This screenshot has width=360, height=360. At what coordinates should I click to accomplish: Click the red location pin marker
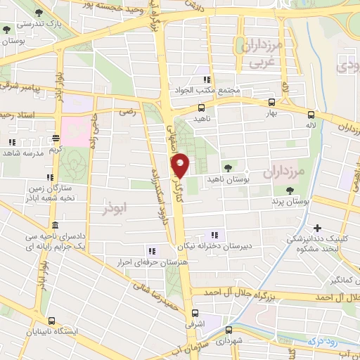(x=181, y=165)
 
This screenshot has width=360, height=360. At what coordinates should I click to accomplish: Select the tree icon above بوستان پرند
(x=290, y=190)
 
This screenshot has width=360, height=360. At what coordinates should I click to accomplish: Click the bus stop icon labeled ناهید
(x=202, y=108)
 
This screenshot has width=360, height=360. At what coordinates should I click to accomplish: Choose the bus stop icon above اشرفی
(x=195, y=314)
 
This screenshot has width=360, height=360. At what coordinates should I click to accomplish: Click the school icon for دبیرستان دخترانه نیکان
(x=214, y=235)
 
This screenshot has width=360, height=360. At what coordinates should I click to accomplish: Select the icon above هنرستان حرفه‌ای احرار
(x=150, y=250)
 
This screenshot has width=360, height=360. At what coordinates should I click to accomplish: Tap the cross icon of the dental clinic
(x=318, y=228)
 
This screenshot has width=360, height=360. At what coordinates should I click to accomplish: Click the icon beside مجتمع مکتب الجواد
(x=207, y=79)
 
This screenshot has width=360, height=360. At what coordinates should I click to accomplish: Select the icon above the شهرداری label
(x=229, y=329)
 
